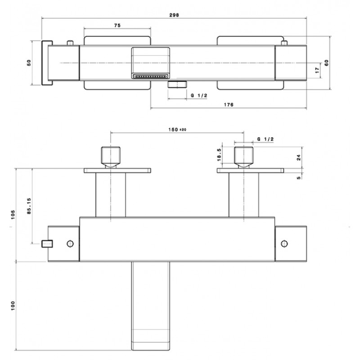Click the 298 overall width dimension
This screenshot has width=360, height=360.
(x=174, y=15)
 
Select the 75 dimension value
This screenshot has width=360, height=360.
(x=117, y=25)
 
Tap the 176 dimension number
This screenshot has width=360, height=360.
(x=229, y=105)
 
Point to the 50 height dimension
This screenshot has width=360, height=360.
(x=29, y=63)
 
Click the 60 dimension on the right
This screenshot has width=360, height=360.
(x=326, y=63)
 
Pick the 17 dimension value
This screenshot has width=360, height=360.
(x=317, y=70)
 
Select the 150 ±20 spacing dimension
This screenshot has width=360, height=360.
(x=177, y=130)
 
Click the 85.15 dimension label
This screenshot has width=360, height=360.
(x=29, y=206)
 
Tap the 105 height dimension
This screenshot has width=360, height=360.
(x=13, y=215)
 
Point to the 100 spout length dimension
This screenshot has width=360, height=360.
(x=13, y=306)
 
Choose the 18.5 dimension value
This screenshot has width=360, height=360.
(x=219, y=155)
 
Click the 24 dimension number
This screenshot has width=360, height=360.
(x=298, y=157)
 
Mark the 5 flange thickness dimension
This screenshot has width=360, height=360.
(x=298, y=177)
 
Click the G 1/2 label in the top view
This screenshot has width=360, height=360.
(x=199, y=95)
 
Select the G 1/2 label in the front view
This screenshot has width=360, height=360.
(x=265, y=139)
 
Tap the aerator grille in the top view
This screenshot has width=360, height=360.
(x=151, y=76)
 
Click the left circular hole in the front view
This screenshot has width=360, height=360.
(x=70, y=243)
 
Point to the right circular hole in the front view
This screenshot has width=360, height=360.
(x=284, y=243)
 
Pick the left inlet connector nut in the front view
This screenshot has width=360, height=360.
(x=111, y=157)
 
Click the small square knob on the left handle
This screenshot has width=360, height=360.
(x=47, y=243)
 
